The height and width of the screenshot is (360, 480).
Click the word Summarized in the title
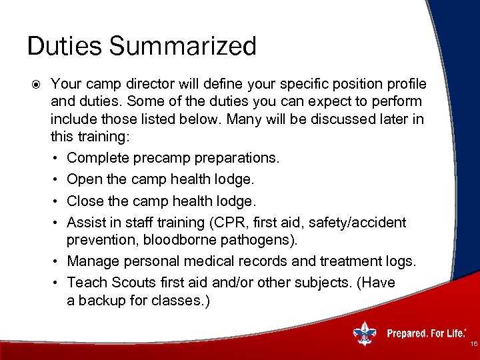coord(183,47)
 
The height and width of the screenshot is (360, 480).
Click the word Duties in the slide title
coord(64,47)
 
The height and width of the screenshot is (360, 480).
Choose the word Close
coord(85,201)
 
